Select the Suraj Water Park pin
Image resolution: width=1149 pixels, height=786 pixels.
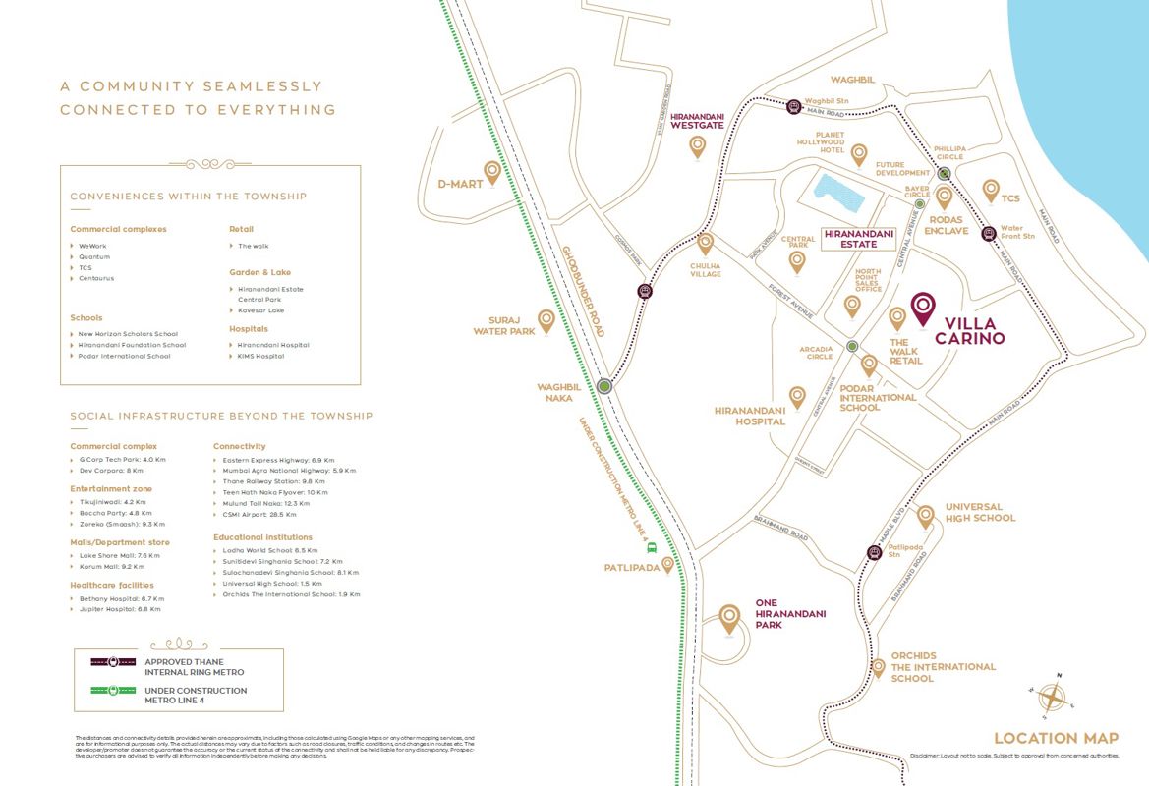pos(546,320)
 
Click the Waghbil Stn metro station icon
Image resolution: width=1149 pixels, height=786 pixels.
pos(793,106)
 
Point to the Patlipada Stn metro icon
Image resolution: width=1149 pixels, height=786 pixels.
pos(874,552)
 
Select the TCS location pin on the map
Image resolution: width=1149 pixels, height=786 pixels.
pos(991,190)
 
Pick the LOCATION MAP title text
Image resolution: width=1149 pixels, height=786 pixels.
pos(1056,738)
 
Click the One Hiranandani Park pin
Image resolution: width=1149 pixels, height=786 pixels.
pos(729,618)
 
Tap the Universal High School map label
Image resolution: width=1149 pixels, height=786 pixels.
pos(980,512)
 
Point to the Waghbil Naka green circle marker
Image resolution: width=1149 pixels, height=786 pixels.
pos(603,386)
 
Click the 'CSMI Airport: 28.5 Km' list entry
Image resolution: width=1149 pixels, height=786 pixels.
pos(259,514)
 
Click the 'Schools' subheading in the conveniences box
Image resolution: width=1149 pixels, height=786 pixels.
pos(86,317)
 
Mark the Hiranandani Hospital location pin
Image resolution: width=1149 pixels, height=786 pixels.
pos(797,396)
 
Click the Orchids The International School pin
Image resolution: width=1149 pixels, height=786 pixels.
pos(879,667)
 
